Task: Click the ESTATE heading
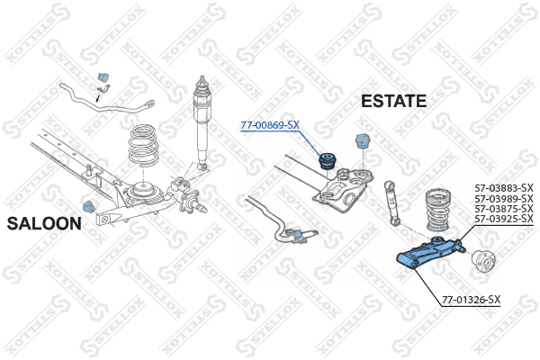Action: [393, 101]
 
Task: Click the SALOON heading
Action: [44, 223]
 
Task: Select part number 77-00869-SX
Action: [270, 125]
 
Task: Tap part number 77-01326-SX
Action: [471, 300]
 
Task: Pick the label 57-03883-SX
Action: [504, 188]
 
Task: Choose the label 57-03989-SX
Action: [504, 198]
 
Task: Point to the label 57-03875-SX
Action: [504, 209]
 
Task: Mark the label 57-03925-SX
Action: [504, 219]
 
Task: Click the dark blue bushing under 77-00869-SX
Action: [328, 161]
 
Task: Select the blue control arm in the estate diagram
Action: [430, 253]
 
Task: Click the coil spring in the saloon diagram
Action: [143, 146]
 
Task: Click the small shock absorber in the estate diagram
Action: [393, 203]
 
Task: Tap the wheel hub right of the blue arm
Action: [483, 261]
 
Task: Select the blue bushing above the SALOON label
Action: [89, 206]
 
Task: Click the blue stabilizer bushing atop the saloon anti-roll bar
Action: [103, 78]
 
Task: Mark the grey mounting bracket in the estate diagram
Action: [344, 190]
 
